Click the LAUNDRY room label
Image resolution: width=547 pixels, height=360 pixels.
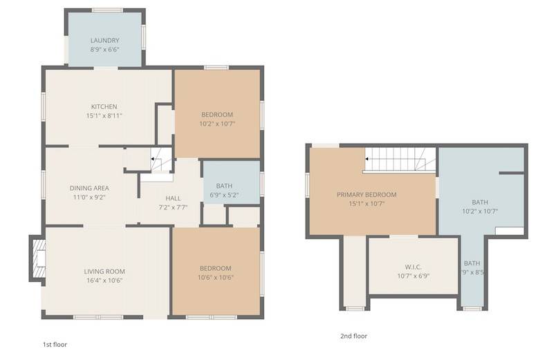pos(104,41)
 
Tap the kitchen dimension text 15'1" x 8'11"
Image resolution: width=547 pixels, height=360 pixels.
pos(104,115)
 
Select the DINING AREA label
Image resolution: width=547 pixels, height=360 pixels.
pos(89,188)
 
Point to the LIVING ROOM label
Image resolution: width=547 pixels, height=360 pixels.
pos(104,272)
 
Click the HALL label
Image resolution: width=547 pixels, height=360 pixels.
pos(173,198)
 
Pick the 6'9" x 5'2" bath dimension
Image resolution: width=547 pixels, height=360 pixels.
pos(224,195)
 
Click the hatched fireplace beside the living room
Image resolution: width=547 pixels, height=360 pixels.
pos(39,258)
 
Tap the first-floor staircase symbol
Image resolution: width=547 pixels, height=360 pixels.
pos(162,160)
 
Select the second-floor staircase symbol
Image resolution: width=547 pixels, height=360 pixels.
pos(400,159)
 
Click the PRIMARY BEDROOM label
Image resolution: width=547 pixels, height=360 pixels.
pos(367,194)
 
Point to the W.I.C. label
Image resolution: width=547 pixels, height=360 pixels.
pos(413,267)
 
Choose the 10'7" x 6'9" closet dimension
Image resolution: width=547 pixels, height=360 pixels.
pos(413,276)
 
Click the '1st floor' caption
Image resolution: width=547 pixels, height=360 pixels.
pos(55,345)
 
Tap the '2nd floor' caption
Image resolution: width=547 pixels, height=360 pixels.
pos(354,337)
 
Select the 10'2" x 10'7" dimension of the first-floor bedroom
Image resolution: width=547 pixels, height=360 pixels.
pos(217,124)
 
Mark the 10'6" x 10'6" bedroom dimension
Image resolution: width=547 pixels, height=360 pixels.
pos(216,278)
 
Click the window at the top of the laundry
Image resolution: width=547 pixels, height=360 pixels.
pos(107,10)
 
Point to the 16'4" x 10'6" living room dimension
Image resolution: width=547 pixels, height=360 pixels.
pos(104,281)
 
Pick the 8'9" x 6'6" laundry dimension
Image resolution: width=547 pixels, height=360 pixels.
pos(104,50)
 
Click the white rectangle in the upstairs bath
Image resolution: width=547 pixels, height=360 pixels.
pos(510,231)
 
